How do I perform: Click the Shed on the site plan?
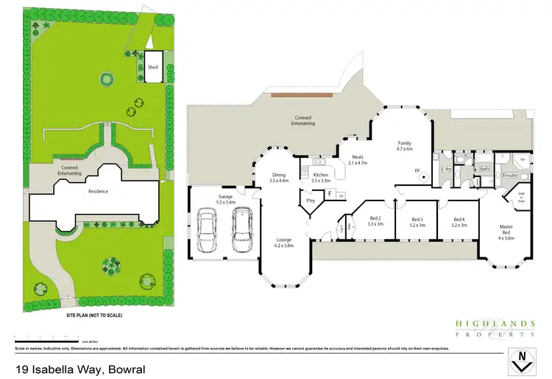(153, 66)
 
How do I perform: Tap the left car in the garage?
(206, 230)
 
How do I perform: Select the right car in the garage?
(241, 230)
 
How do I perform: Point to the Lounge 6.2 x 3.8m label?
(284, 243)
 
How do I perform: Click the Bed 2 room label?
(374, 221)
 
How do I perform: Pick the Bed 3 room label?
(417, 221)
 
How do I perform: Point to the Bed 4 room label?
(459, 221)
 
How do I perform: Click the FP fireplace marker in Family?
(417, 171)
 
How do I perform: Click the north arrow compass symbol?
(521, 362)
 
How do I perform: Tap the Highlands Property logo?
(496, 327)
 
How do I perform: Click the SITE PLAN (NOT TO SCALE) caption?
(94, 315)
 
